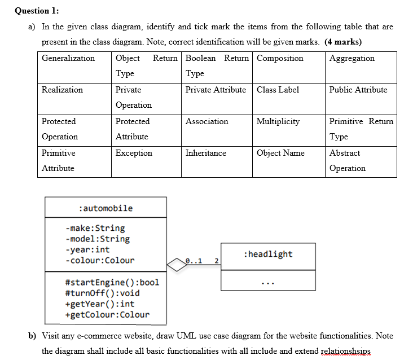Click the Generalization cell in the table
point(68,58)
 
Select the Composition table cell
point(280,58)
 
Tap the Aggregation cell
point(352,58)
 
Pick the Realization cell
point(62,90)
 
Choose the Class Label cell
point(278,90)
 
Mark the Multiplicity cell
point(278,121)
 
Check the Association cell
point(206,121)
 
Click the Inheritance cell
point(205,153)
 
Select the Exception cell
point(134,153)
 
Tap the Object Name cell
point(280,153)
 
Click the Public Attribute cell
point(358,90)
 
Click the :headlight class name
point(267,254)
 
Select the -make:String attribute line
point(95,228)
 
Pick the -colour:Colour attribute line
point(100,260)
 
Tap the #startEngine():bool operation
point(112,282)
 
